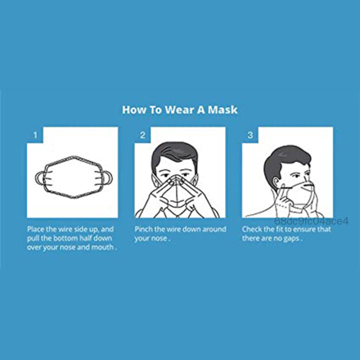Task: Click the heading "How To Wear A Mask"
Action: [x=180, y=109]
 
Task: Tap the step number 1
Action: [x=35, y=135]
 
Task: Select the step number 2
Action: [x=142, y=135]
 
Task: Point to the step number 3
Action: [x=250, y=135]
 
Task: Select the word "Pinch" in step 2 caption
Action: [x=144, y=229]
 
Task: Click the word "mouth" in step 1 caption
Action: [x=103, y=247]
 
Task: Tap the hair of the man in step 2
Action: [x=174, y=150]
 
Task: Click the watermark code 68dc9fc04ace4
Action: [x=311, y=221]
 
